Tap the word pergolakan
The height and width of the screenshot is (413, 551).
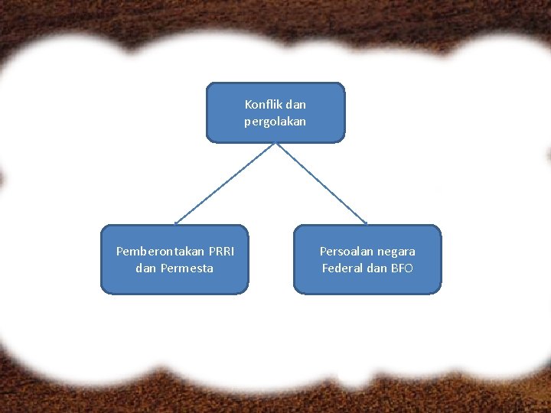point(275,121)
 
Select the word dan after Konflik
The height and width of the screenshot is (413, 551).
point(295,104)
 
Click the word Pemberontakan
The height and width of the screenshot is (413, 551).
point(160,251)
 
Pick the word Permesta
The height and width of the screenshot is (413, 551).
point(187,268)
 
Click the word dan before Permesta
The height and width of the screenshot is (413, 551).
point(145,268)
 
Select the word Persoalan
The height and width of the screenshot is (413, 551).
point(347,251)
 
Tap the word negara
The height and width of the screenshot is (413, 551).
point(396,251)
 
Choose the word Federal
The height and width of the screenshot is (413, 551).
point(342,268)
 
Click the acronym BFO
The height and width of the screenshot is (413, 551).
point(402,268)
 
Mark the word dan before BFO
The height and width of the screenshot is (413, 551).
point(377,268)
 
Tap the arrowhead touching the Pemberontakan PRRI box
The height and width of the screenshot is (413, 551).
point(177,223)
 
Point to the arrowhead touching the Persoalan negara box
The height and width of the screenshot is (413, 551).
point(366,223)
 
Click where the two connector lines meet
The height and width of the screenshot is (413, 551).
point(275,143)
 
